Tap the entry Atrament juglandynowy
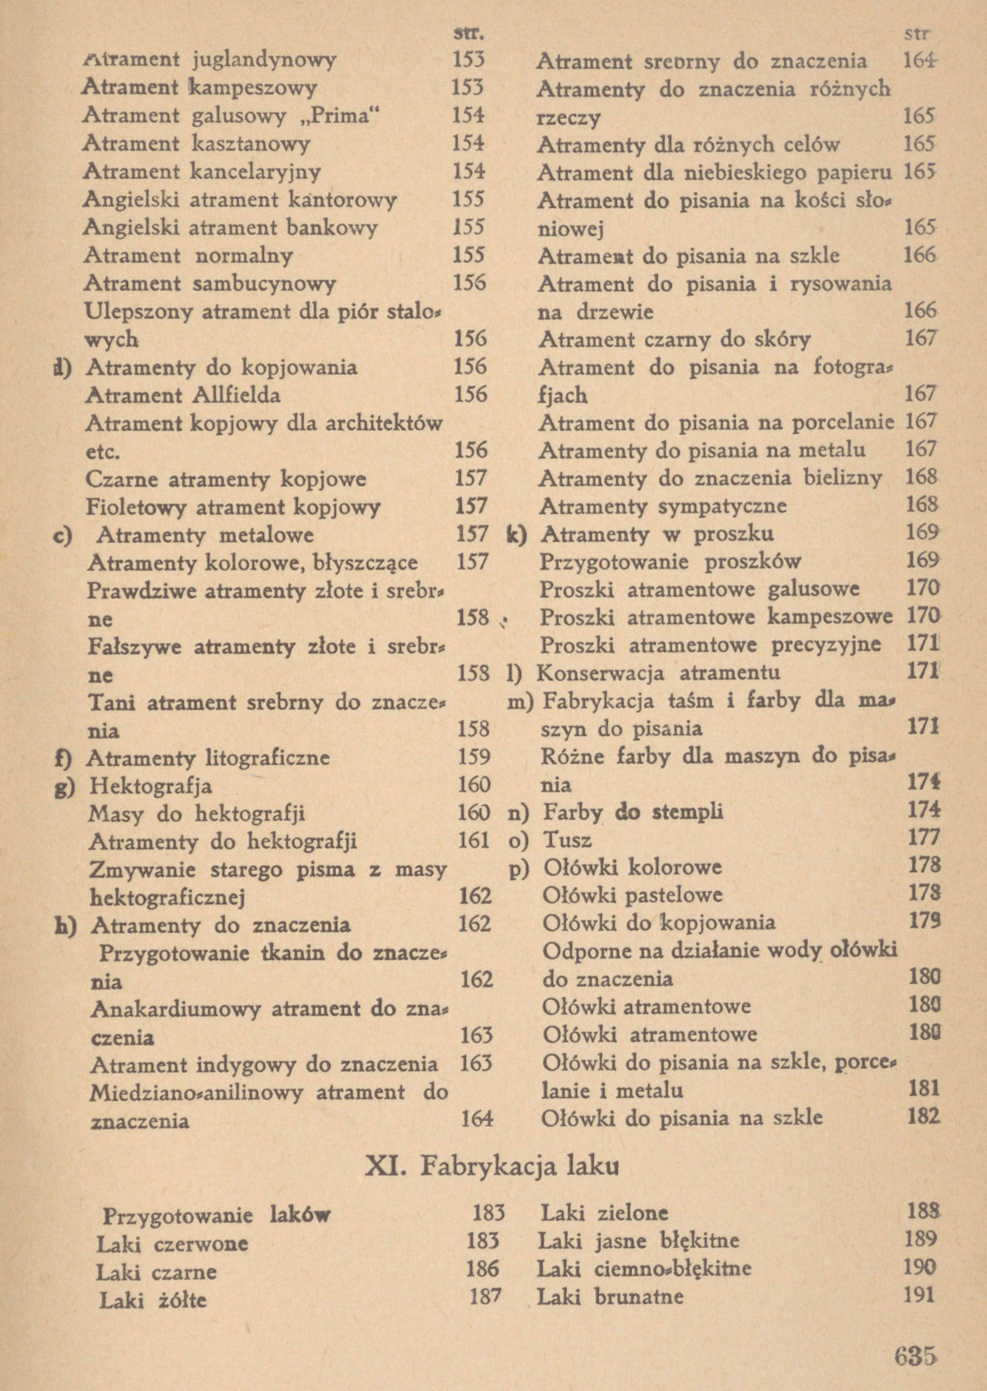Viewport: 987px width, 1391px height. coord(210,60)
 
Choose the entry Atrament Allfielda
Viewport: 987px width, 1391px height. coord(183,396)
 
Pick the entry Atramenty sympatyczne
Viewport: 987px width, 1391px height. coord(662,506)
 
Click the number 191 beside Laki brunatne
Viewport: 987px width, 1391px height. coord(918,1296)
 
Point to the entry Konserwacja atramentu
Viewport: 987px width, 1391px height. coord(658,673)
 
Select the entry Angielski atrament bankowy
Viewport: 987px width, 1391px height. coord(230,228)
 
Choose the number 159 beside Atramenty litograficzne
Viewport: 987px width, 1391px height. coord(474,756)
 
